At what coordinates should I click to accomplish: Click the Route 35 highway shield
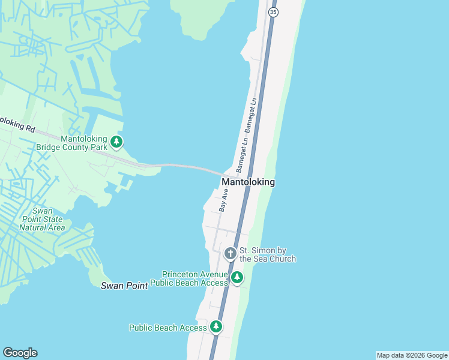coord(273,12)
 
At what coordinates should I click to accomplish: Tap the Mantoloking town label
coord(248,182)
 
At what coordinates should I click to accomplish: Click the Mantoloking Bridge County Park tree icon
coord(116,142)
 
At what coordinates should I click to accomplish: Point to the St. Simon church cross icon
coord(230,254)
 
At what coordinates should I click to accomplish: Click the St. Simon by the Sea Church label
coord(268,254)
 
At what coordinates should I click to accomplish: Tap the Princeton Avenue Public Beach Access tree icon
coord(238,277)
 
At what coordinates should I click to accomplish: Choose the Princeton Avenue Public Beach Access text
coord(188,278)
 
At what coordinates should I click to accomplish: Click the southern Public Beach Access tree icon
coord(216,327)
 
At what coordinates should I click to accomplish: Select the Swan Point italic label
coord(124,286)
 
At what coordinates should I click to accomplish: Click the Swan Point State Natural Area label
coord(41,219)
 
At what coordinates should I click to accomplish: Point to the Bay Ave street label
coord(223,200)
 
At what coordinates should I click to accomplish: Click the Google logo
coord(20,353)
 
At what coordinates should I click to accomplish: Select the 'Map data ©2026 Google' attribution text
coord(412,355)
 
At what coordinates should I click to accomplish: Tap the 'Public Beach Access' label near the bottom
coord(168,328)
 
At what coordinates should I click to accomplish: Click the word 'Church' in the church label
coord(282,259)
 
